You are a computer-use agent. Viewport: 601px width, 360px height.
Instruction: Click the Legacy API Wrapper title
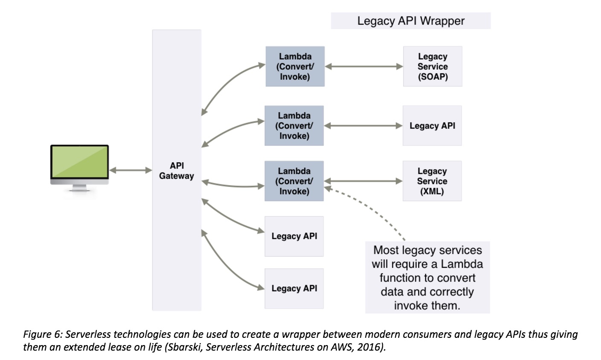click(411, 21)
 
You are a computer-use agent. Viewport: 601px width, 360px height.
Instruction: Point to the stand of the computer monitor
click(80, 187)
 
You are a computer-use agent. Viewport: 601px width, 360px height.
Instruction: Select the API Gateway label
click(176, 171)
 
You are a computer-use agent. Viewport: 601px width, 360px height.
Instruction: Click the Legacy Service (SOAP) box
click(432, 67)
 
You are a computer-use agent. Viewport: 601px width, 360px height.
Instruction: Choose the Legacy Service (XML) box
click(432, 181)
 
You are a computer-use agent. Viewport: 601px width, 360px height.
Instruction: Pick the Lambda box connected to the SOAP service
click(295, 67)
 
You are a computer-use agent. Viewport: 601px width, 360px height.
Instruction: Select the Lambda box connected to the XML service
click(294, 181)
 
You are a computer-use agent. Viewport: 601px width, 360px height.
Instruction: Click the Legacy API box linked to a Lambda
click(432, 126)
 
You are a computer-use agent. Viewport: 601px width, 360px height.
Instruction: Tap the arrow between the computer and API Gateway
click(131, 170)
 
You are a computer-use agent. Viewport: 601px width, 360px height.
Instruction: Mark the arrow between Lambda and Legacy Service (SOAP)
click(364, 67)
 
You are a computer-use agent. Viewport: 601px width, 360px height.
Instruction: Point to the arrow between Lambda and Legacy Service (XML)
click(363, 181)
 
